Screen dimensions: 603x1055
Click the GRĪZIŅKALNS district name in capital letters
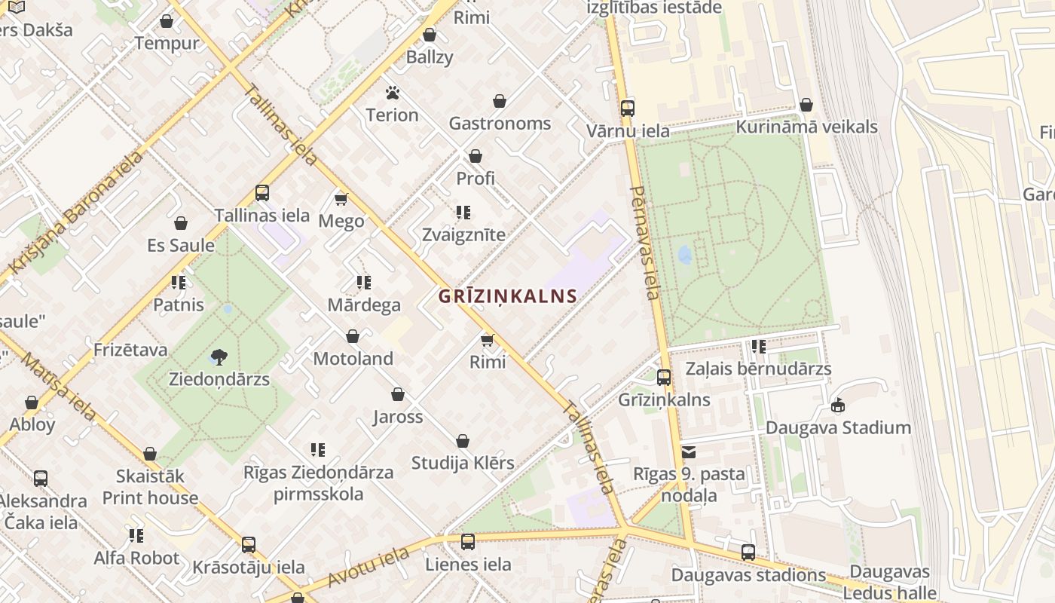pyautogui.click(x=508, y=296)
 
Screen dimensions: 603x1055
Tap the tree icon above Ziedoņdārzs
pyautogui.click(x=219, y=357)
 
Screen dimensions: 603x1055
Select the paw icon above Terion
pyautogui.click(x=392, y=93)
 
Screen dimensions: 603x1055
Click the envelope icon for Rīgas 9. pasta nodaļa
pyautogui.click(x=689, y=452)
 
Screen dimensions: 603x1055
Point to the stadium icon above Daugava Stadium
pyautogui.click(x=837, y=406)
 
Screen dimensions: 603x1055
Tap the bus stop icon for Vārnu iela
pyautogui.click(x=628, y=109)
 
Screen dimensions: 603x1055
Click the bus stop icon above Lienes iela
pyautogui.click(x=468, y=541)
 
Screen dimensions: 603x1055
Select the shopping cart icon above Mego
pyautogui.click(x=341, y=199)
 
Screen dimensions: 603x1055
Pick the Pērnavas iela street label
pyautogui.click(x=644, y=242)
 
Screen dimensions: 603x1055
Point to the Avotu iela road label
pyautogui.click(x=369, y=568)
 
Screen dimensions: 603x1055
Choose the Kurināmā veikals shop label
pyautogui.click(x=806, y=127)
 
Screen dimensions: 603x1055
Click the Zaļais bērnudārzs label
pyautogui.click(x=758, y=369)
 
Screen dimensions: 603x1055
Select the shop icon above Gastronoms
pyautogui.click(x=500, y=101)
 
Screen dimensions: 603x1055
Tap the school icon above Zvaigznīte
pyautogui.click(x=463, y=213)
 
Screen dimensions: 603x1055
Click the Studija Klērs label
pyautogui.click(x=463, y=463)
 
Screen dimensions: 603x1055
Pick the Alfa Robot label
pyautogui.click(x=136, y=559)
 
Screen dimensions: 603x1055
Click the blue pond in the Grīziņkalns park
pyautogui.click(x=684, y=256)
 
